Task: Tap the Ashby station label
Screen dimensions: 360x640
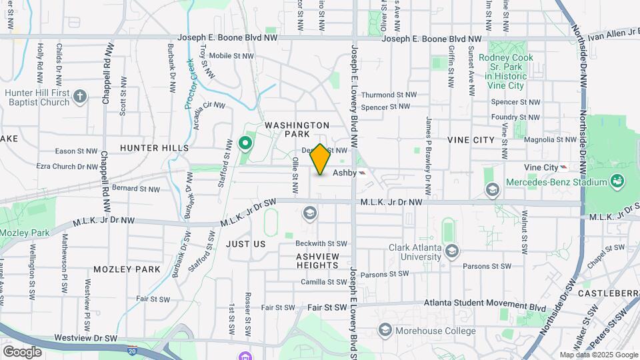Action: pyautogui.click(x=345, y=172)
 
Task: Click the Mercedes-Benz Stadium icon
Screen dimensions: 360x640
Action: pyautogui.click(x=617, y=181)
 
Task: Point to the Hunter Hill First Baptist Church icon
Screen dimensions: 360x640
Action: pyautogui.click(x=80, y=97)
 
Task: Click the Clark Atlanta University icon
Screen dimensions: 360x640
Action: pyautogui.click(x=453, y=251)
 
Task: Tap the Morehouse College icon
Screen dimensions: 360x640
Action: pyautogui.click(x=385, y=330)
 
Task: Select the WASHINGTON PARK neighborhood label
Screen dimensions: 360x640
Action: pyautogui.click(x=297, y=130)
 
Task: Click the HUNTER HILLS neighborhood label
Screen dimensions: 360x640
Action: pyautogui.click(x=155, y=147)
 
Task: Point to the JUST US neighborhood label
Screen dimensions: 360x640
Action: pyautogui.click(x=245, y=244)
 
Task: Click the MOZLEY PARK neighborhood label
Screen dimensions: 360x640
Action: pyautogui.click(x=127, y=269)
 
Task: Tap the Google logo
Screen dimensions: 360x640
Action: pyautogui.click(x=22, y=351)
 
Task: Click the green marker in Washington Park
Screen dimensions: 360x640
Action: pyautogui.click(x=245, y=143)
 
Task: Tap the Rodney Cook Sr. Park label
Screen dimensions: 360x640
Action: pyautogui.click(x=503, y=67)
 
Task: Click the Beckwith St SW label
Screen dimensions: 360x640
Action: pyautogui.click(x=323, y=243)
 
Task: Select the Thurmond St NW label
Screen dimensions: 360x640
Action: pyautogui.click(x=388, y=95)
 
